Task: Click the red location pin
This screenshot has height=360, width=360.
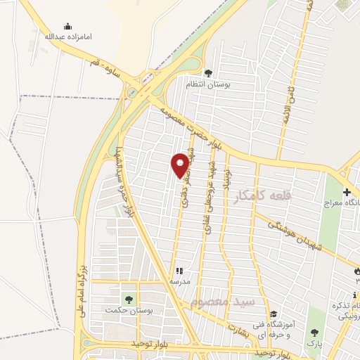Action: [180, 165]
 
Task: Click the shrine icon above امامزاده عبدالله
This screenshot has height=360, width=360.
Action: [67, 26]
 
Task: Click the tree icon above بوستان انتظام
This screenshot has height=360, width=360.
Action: [207, 73]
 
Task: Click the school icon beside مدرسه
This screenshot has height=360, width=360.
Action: [179, 270]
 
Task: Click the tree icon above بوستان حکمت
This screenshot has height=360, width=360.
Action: [128, 300]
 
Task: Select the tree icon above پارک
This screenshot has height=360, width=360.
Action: [314, 333]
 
